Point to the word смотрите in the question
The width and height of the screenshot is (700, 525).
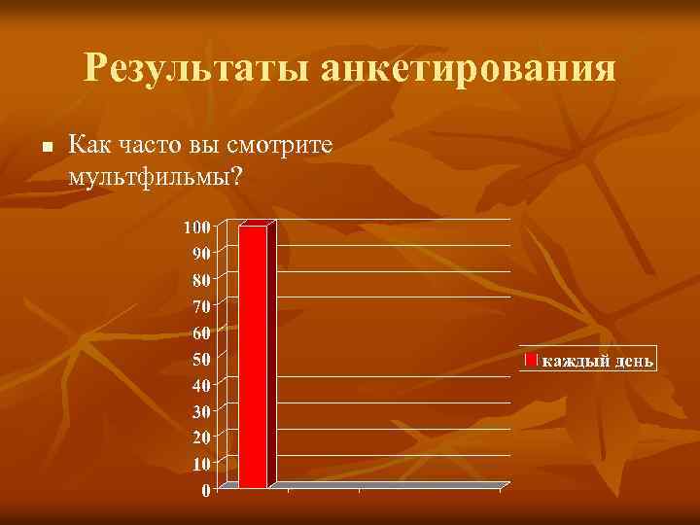(x=280, y=146)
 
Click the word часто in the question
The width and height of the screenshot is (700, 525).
(x=154, y=146)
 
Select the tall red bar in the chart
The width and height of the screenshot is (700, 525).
(x=253, y=356)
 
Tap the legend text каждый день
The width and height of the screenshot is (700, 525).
(x=598, y=361)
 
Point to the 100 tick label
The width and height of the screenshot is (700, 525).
(x=197, y=227)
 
